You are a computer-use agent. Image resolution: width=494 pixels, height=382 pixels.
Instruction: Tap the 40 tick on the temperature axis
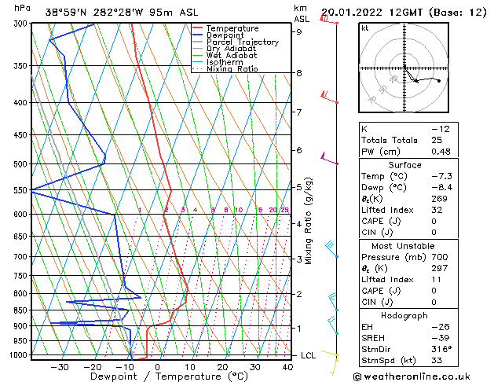point(287,367)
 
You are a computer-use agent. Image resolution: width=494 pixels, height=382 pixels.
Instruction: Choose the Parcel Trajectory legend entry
point(242,42)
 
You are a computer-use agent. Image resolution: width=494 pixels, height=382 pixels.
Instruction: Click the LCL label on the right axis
point(309,355)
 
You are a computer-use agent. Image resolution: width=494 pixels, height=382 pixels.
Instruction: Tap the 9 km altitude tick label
point(299,32)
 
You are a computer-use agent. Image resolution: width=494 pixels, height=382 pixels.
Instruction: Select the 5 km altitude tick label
point(299,187)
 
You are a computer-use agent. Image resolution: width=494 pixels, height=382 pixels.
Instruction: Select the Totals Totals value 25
point(436,140)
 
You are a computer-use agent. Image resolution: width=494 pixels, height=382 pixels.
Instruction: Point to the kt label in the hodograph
point(365,28)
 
